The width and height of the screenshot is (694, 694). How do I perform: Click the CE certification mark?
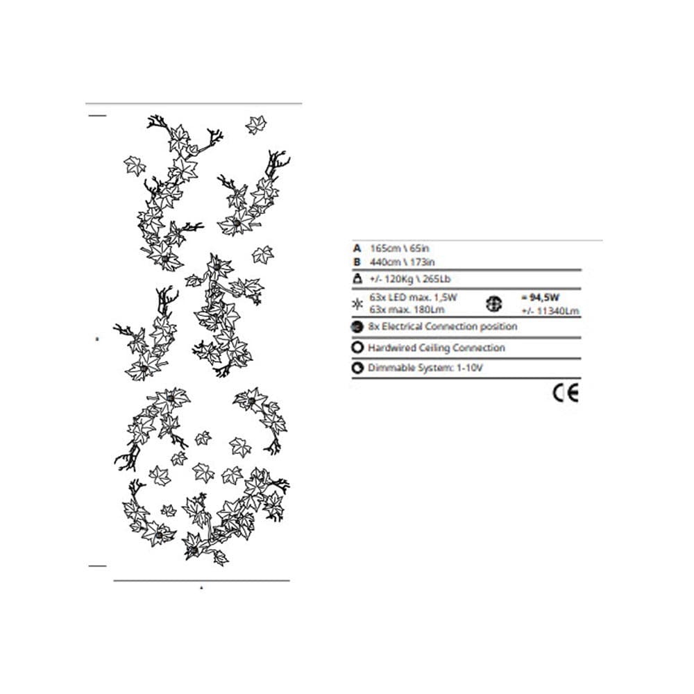point(566,393)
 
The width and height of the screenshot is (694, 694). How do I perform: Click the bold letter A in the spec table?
point(357,248)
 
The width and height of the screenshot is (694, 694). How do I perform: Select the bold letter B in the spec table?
point(357,262)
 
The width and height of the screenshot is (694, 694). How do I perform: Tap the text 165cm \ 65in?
point(399,248)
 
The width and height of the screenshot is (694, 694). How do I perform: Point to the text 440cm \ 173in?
point(402,262)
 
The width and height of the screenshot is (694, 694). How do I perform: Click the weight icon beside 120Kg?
point(357,279)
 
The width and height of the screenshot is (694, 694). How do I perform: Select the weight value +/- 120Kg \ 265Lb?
point(409,279)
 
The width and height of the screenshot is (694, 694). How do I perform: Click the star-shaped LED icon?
point(357,304)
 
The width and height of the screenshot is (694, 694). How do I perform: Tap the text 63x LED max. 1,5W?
point(413,297)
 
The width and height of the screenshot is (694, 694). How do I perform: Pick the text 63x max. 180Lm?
point(406,310)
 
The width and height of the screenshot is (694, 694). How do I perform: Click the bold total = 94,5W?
point(540,298)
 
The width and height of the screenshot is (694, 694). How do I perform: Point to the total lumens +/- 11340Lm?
point(550,311)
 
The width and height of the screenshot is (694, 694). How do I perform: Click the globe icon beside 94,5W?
point(494,304)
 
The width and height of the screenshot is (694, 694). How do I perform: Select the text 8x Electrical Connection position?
point(443,327)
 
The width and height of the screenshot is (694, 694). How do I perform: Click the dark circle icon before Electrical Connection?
point(357,327)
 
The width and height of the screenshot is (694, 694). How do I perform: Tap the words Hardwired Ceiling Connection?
point(437,348)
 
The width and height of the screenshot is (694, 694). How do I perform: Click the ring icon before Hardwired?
point(357,348)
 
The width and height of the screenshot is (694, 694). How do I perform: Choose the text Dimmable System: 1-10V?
point(425,368)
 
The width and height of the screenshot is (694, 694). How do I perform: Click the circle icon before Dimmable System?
point(357,368)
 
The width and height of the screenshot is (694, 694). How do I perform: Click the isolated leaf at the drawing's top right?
point(256,125)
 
